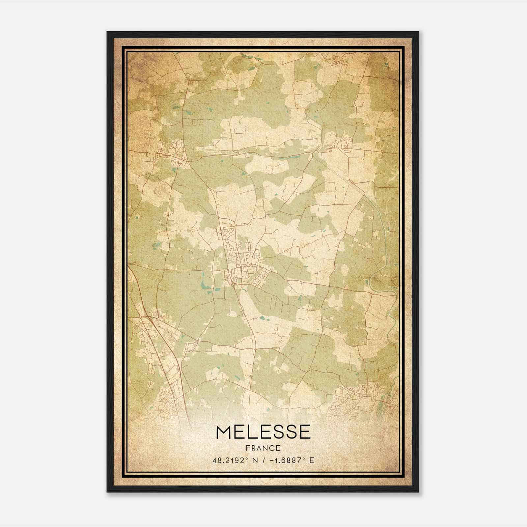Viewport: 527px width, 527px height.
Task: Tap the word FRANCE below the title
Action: (263, 448)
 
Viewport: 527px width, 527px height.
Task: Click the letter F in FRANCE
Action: (247, 448)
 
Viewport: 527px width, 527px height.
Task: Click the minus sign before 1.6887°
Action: (271, 460)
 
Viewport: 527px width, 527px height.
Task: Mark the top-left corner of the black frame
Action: (107, 32)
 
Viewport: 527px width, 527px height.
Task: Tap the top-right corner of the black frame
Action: (418, 32)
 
